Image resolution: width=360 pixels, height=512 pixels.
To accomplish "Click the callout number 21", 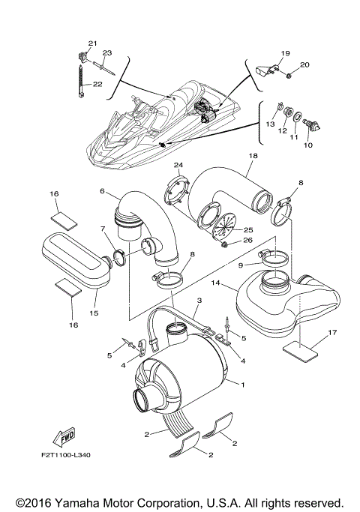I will (93, 43).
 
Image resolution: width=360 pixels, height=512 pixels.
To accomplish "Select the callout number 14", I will (214, 284).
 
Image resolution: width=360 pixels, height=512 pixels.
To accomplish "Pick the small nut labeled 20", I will (289, 76).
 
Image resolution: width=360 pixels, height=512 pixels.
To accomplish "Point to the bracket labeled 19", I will (262, 68).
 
